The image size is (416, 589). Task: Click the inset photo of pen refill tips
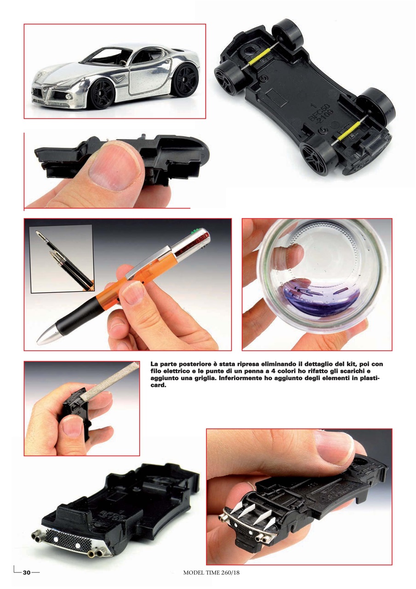point(62,259)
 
